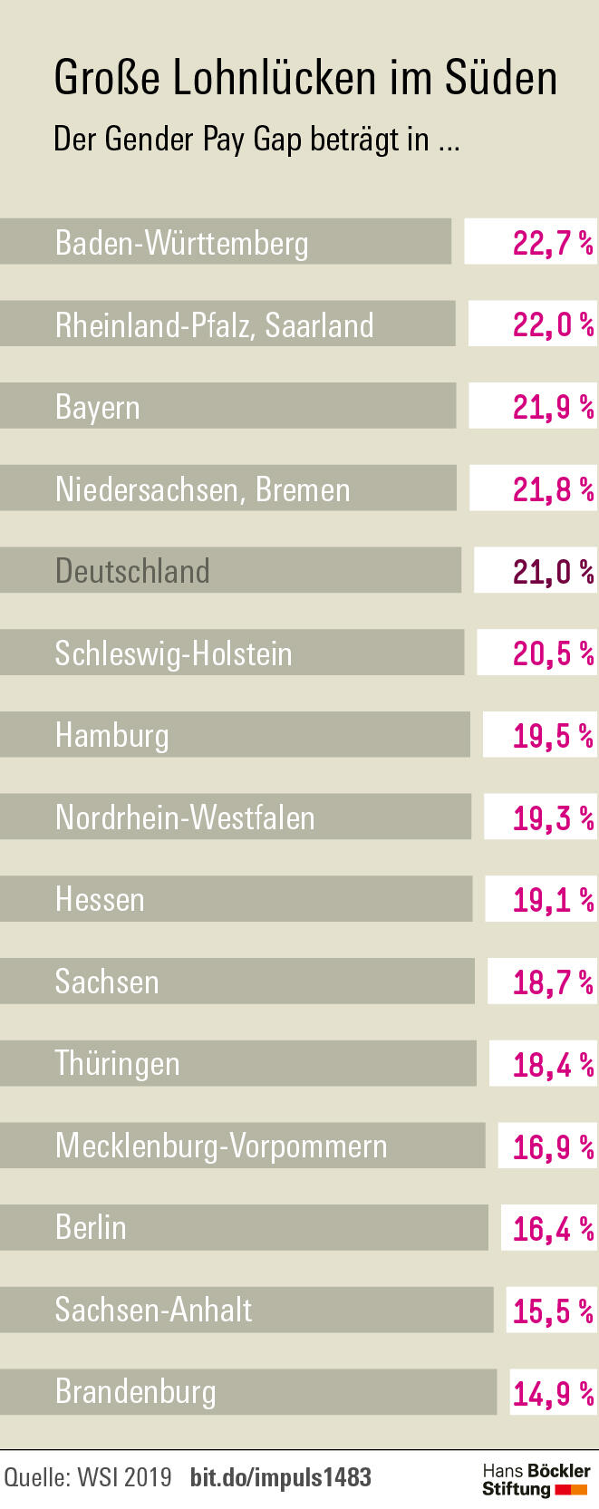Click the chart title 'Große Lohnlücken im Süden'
coord(304,78)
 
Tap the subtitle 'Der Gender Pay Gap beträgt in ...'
coord(256,140)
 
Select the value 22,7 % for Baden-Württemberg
coord(552,243)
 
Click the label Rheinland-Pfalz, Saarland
coord(214,324)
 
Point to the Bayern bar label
coord(98,407)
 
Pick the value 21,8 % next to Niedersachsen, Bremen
coord(553,489)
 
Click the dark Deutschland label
coord(132,571)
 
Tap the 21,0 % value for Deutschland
coord(553,572)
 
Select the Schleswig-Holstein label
coord(173,653)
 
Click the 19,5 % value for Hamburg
coord(553,736)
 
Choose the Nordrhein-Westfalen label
coord(185,817)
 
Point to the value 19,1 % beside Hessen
coord(553,900)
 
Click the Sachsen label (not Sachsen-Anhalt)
coord(107,982)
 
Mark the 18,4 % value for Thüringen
coord(553,1064)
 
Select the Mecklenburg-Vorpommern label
coord(221,1146)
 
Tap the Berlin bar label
coord(91,1227)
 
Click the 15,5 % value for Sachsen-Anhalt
coord(553,1311)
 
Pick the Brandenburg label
coord(136,1391)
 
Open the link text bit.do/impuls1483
coord(281,1477)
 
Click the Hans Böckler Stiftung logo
coord(536,1479)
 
